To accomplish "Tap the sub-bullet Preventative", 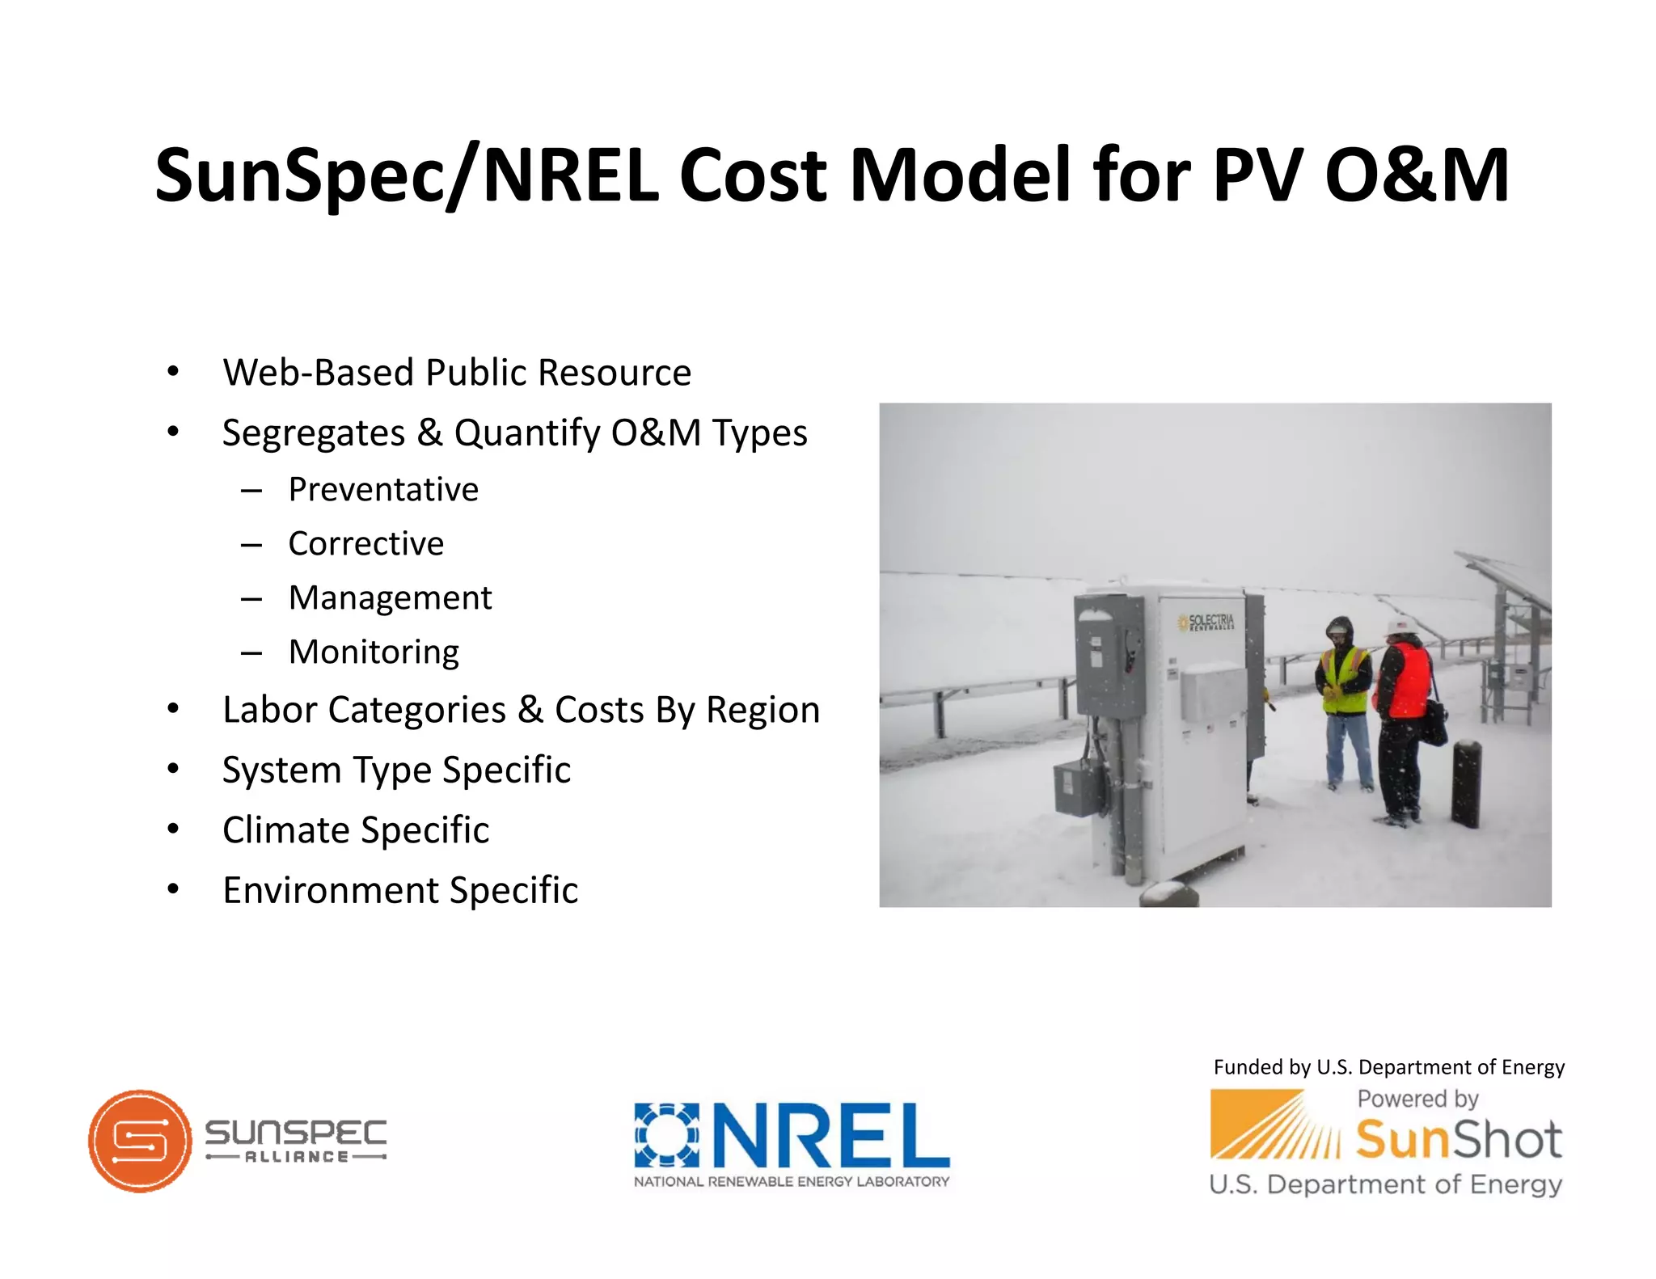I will point(383,490).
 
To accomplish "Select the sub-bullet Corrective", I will point(365,544).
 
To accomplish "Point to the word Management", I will point(390,598).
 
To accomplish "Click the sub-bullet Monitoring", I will point(374,652).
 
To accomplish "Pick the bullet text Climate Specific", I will point(356,830).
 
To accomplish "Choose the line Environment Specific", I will point(400,891).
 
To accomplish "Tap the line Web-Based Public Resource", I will point(457,373).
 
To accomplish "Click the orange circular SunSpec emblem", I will point(141,1141).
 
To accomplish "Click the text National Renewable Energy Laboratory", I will point(791,1181).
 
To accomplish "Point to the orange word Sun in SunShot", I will point(1395,1140).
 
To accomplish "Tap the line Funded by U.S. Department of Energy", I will point(1388,1067).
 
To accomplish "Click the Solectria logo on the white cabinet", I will point(1206,623).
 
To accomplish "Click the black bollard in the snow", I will point(1466,784).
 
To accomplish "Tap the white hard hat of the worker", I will point(1396,627).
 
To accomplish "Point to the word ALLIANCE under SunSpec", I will point(296,1157).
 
